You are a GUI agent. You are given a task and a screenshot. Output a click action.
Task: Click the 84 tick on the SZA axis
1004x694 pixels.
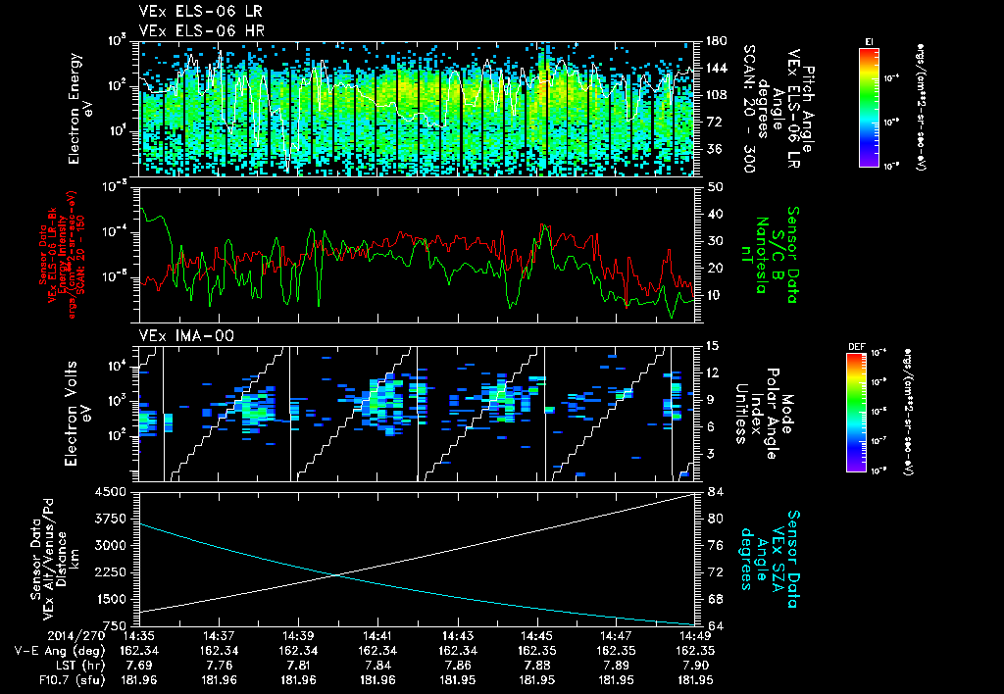point(714,492)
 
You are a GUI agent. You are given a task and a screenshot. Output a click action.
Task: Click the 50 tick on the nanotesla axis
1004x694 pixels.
point(714,185)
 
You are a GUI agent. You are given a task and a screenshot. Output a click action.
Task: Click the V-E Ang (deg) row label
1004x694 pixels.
point(47,650)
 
